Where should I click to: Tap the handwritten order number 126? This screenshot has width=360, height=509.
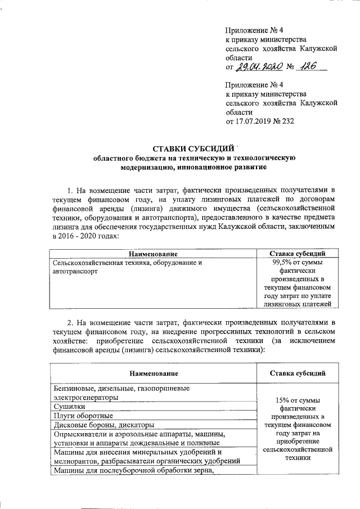pyautogui.click(x=308, y=66)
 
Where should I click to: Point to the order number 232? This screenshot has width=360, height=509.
pyautogui.click(x=287, y=121)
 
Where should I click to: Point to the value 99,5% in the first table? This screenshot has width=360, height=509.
pyautogui.click(x=282, y=263)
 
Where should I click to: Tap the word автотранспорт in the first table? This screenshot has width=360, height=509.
pyautogui.click(x=74, y=271)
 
